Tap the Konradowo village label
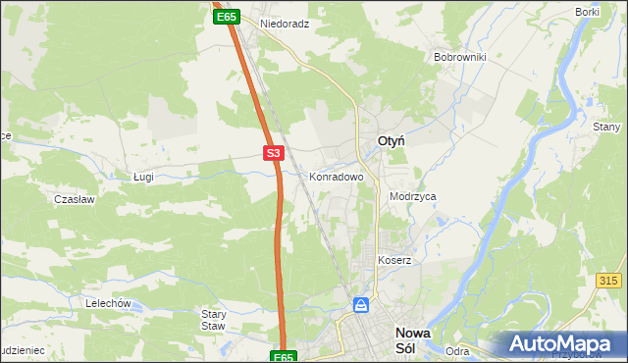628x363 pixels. (x=337, y=178)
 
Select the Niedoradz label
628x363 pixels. (x=285, y=23)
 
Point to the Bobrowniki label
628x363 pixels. (x=460, y=57)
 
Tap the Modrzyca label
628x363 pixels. (x=412, y=196)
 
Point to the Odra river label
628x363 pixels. (x=456, y=350)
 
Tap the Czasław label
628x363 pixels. (x=74, y=198)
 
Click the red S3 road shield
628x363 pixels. (x=274, y=153)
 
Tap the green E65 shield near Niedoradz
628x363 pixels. (x=227, y=17)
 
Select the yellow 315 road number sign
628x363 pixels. (x=608, y=281)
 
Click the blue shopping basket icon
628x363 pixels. (x=362, y=306)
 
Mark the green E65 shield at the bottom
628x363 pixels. (x=284, y=357)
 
